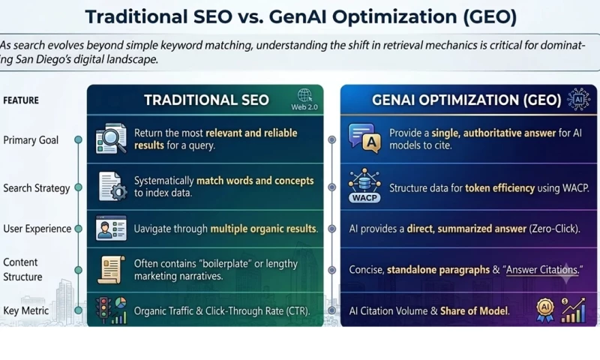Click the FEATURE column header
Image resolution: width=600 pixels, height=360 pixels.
pos(21,100)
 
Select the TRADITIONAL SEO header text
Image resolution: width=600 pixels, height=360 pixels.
pos(207,100)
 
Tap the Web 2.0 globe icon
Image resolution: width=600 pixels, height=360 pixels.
pos(304,95)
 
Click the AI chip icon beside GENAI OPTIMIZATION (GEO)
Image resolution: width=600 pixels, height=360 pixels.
pos(578,99)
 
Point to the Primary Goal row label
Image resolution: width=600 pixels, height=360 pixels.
pos(31,140)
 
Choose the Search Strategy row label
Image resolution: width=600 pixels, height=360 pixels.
pos(37,188)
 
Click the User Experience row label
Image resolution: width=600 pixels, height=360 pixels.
pos(37,229)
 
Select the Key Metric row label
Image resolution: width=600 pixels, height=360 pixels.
pos(26,310)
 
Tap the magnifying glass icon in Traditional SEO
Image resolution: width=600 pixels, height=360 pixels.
pos(111,139)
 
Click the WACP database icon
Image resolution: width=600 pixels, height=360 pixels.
pos(364,185)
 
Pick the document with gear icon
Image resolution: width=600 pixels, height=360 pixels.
pos(112,186)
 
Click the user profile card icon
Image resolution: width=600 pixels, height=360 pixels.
pos(111,228)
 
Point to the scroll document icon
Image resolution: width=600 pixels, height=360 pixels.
pos(111,270)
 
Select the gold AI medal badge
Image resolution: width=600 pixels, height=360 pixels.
pos(545,310)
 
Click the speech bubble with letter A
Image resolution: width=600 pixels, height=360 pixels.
pos(364,138)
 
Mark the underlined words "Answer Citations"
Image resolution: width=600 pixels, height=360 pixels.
pos(541,270)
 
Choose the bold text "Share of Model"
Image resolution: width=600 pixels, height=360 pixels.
pos(474,311)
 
